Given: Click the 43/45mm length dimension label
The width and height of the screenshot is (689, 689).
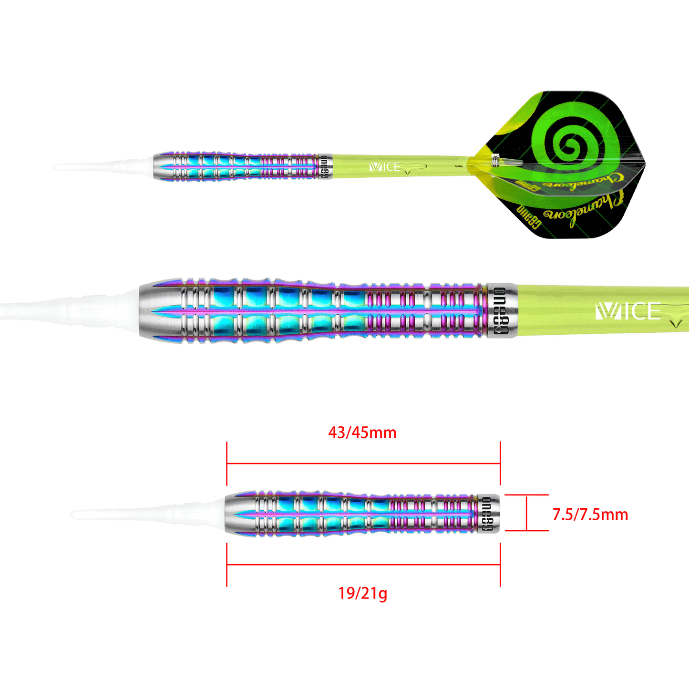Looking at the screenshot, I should pos(362,433).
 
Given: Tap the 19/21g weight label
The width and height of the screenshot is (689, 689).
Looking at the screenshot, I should pos(362,594).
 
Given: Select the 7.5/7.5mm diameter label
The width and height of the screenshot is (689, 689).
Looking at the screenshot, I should pos(590,514).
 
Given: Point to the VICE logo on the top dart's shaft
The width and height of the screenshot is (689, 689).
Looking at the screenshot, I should pos(385,167).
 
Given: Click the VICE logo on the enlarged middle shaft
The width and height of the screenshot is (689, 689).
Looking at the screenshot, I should pos(628,312).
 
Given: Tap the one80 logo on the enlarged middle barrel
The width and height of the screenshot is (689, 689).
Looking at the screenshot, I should pos(500,312).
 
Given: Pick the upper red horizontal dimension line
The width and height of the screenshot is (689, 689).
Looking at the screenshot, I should pos(363,463).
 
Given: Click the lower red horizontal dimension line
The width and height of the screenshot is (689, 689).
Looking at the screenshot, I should pos(363,565).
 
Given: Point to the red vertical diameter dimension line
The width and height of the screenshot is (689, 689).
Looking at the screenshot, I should pos(525,513).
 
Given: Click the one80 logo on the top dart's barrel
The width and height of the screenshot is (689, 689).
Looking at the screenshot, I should pos(325,167).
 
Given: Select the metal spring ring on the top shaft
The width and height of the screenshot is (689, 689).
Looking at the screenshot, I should pos(495,161).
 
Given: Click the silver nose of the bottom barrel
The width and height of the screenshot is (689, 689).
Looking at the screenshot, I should pos(236,514).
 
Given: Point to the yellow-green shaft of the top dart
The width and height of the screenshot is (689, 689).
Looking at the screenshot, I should pos(429,167).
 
